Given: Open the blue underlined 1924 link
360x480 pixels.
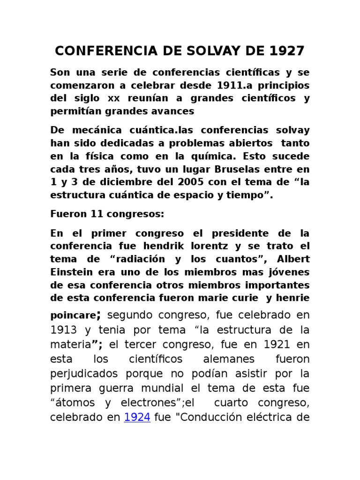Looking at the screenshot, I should pos(137,417).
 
